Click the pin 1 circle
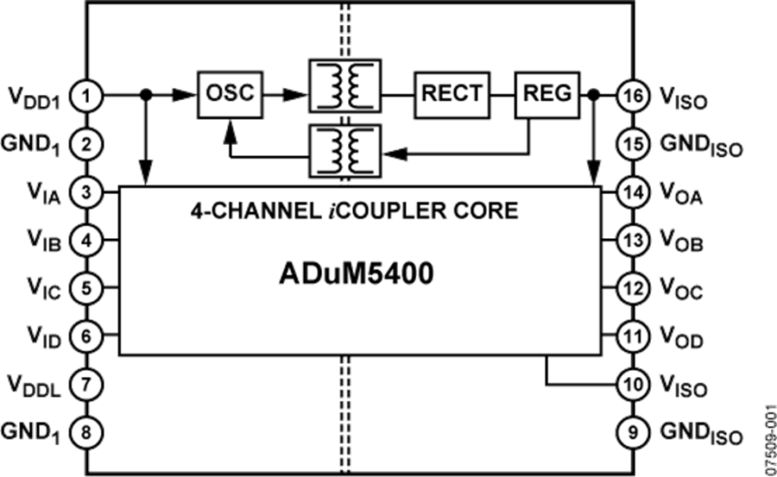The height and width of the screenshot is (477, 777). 86,96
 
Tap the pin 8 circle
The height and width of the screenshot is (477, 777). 86,429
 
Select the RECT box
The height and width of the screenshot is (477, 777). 452,94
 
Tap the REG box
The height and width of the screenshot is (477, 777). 547,94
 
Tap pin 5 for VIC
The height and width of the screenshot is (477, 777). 86,286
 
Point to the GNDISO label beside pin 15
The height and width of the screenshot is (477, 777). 700,147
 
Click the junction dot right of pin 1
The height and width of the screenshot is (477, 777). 146,95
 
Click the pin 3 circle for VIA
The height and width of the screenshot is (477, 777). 86,191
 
